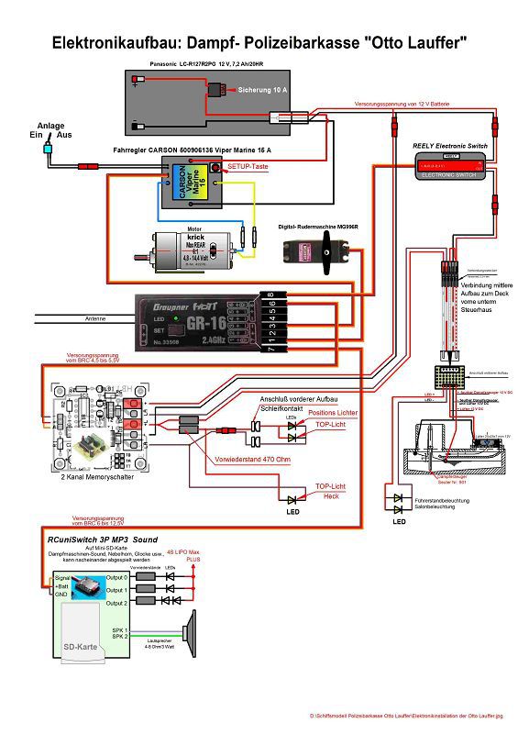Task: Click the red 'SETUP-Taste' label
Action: coord(248,167)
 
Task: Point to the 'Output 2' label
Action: coord(116,603)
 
